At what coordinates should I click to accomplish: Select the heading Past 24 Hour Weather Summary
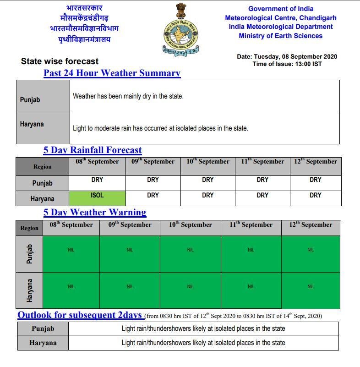pos(112,73)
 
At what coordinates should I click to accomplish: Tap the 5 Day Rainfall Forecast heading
pos(93,150)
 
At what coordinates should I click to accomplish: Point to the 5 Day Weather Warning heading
pos(95,213)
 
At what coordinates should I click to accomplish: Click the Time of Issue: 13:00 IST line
pos(287,64)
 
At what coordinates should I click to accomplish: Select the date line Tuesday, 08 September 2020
pos(287,57)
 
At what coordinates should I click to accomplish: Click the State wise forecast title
pos(60,61)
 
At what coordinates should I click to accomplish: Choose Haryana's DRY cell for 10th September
pos(207,196)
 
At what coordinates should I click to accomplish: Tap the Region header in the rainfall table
pos(42,167)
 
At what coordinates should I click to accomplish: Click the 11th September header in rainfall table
pos(262,162)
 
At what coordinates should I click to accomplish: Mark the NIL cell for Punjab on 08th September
pos(71,250)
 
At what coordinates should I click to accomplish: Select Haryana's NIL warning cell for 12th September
pos(311,287)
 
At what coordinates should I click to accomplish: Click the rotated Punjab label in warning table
pos(29,254)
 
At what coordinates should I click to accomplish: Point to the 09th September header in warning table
pos(130,225)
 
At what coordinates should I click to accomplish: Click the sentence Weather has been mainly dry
pos(128,97)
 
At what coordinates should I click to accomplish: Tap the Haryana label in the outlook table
pos(43,343)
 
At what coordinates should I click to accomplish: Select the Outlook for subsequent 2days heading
pos(80,315)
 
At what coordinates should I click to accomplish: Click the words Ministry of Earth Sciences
pos(280,36)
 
